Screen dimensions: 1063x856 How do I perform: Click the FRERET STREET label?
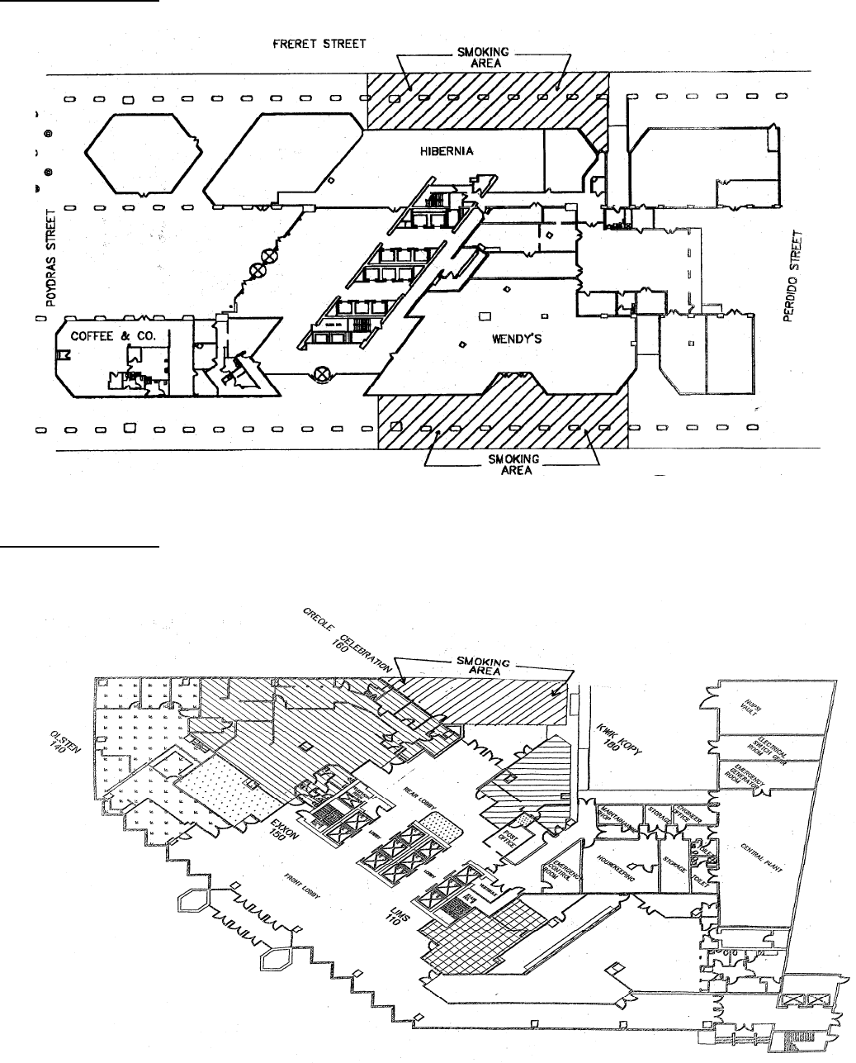coord(319,43)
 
